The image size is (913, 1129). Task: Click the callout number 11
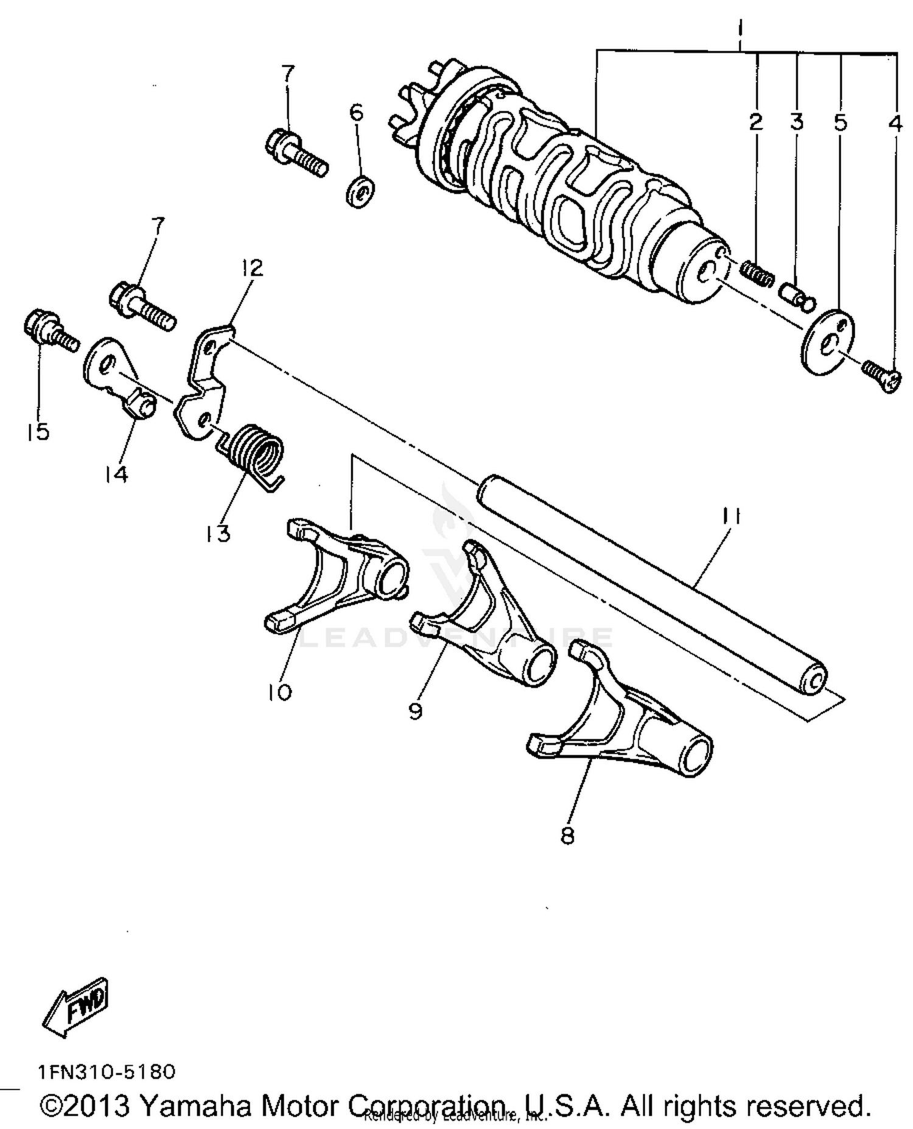[730, 516]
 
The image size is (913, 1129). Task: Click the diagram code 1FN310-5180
[107, 1071]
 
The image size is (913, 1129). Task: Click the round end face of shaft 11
[813, 681]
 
